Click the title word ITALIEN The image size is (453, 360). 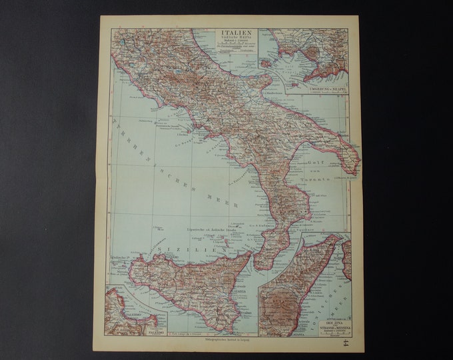[x=238, y=31]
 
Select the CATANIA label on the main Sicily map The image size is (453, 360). [x=238, y=291]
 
